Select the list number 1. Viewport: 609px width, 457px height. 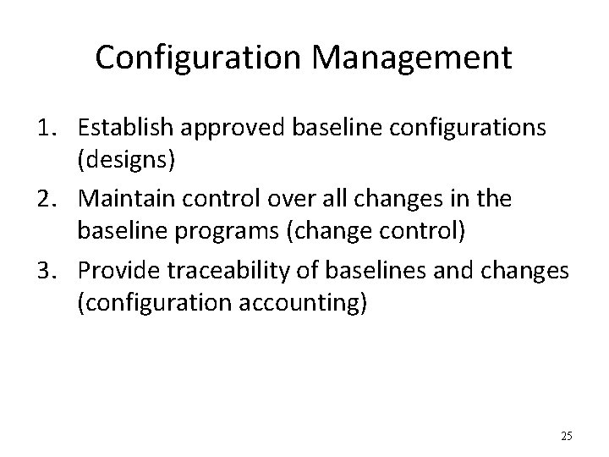point(47,128)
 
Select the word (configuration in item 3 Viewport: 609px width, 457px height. point(145,304)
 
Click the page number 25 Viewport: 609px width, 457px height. point(566,437)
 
